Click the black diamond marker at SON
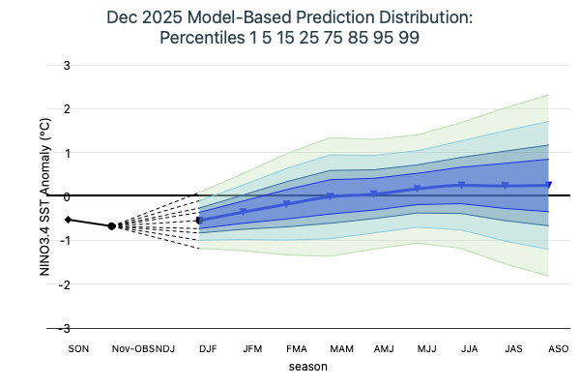(68, 220)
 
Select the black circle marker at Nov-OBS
(111, 225)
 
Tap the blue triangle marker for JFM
(244, 212)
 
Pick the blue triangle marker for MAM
(331, 196)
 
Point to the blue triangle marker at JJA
(462, 185)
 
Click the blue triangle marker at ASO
(549, 185)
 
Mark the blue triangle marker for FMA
(287, 204)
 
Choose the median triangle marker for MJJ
(418, 189)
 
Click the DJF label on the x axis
(208, 348)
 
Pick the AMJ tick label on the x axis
(383, 348)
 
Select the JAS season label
(514, 348)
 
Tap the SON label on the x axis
(77, 348)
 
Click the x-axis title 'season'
(307, 368)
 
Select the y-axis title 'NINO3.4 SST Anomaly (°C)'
(44, 196)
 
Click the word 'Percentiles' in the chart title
(204, 39)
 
